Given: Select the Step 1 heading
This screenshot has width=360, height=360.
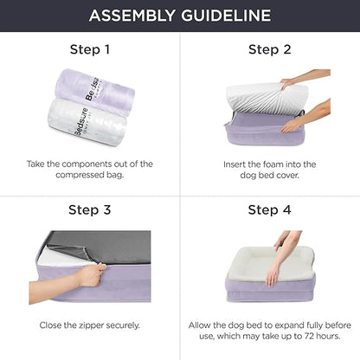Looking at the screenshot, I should point(90,48).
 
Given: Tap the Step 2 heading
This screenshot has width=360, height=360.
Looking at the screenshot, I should point(269,48).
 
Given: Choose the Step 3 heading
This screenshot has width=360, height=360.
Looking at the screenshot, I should point(90,209).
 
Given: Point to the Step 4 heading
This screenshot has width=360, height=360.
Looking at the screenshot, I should point(269,209).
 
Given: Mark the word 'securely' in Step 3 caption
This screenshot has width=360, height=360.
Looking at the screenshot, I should point(126,325).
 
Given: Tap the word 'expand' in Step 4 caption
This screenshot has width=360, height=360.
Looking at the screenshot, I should point(285,325).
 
